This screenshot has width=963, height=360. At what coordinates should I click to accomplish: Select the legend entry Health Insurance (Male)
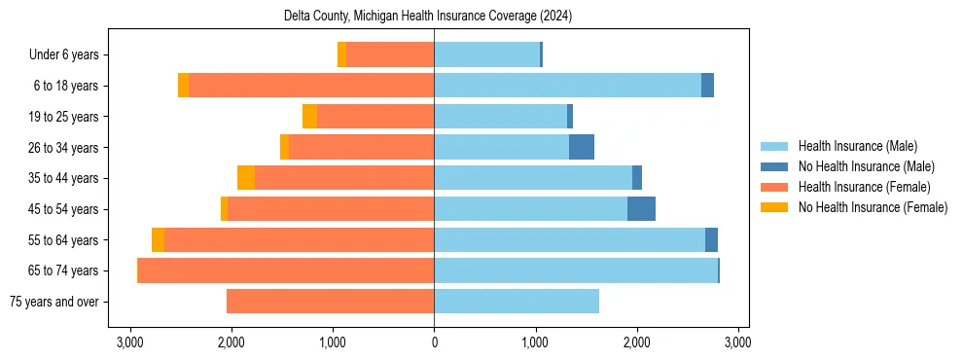click(x=857, y=146)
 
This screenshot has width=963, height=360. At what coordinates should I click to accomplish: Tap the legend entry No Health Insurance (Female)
click(x=873, y=207)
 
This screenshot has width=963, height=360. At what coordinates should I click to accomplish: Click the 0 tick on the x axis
click(x=434, y=342)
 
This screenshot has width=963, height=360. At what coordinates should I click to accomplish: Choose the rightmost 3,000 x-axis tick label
click(x=737, y=342)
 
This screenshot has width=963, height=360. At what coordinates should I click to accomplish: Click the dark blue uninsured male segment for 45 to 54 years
click(x=641, y=209)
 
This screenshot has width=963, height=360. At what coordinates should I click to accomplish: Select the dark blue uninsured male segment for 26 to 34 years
click(x=581, y=148)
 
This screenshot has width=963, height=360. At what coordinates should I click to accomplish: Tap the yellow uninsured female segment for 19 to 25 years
click(x=309, y=117)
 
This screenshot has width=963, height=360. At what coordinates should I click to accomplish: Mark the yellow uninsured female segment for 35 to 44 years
click(x=246, y=178)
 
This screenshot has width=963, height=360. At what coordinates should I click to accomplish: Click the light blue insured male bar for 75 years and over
click(x=517, y=302)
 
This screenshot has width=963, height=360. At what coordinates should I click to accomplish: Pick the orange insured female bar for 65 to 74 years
click(x=286, y=270)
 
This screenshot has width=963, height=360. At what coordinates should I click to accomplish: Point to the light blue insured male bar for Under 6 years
click(x=486, y=55)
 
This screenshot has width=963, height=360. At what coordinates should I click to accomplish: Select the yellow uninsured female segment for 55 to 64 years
click(x=158, y=240)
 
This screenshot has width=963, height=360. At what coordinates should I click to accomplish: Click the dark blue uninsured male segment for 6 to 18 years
click(x=707, y=86)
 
